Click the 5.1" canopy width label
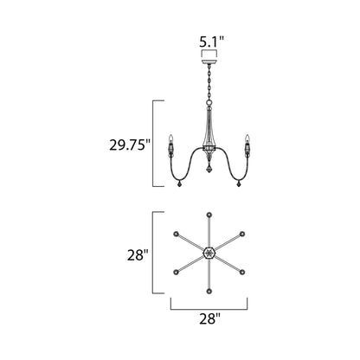click(x=211, y=42)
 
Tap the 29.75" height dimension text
click(x=130, y=145)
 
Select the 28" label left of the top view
click(x=138, y=255)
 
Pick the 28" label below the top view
click(x=209, y=319)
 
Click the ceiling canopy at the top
click(x=209, y=61)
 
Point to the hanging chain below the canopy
click(x=209, y=82)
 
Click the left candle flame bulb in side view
click(x=171, y=138)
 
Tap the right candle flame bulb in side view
click(x=247, y=138)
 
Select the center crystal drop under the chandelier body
click(x=209, y=169)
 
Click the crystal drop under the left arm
click(x=179, y=183)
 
